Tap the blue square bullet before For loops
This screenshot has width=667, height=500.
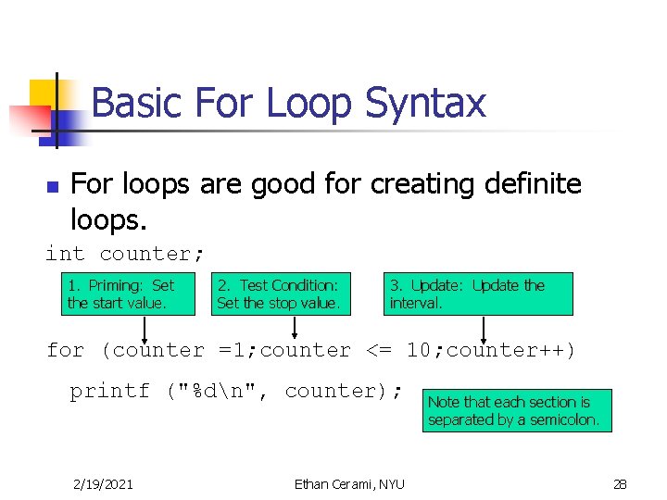[x=52, y=187]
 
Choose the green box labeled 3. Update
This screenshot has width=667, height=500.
[x=478, y=294]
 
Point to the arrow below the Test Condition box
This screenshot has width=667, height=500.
[x=295, y=328]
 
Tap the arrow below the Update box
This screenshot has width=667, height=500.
[x=483, y=328]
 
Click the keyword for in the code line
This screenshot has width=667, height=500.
[x=65, y=350]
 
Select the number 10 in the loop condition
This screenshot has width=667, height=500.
[x=419, y=350]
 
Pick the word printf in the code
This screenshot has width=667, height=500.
[x=109, y=391]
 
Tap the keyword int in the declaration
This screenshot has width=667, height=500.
[x=64, y=254]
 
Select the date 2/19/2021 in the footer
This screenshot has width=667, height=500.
[x=102, y=483]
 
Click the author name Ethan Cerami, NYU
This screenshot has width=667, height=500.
[x=349, y=483]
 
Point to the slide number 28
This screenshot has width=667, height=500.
[x=620, y=483]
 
